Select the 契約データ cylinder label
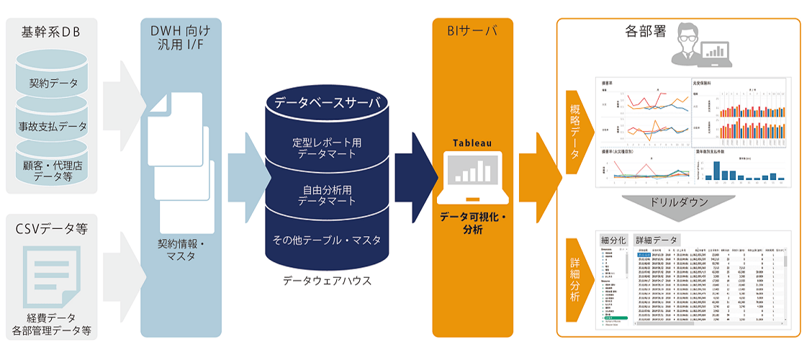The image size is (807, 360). (x=53, y=84)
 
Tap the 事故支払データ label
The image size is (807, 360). (x=53, y=126)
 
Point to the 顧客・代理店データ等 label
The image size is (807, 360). (x=53, y=170)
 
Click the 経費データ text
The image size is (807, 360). (x=52, y=318)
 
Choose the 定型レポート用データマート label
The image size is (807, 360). (x=327, y=148)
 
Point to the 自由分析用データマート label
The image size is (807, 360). (x=327, y=195)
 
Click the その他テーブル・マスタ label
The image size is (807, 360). (x=327, y=240)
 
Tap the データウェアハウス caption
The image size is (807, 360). (x=327, y=281)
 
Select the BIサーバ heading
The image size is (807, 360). (x=472, y=32)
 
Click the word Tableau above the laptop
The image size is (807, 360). (x=472, y=143)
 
